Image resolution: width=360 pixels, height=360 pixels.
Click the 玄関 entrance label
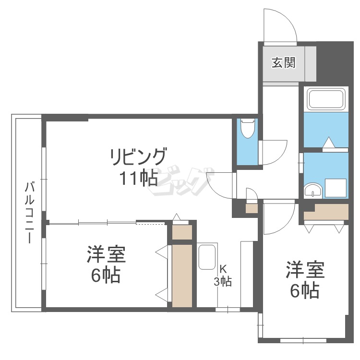tap(283, 62)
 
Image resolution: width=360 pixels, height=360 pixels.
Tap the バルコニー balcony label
tap(29, 212)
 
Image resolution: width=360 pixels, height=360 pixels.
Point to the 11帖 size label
tap(138, 179)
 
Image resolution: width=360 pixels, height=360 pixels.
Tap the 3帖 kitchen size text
tap(223, 282)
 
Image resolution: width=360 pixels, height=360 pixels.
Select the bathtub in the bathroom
tap(326, 99)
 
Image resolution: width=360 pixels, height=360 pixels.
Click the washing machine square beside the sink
tap(336, 188)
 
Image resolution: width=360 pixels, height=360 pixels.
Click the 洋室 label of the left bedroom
tap(106, 254)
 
